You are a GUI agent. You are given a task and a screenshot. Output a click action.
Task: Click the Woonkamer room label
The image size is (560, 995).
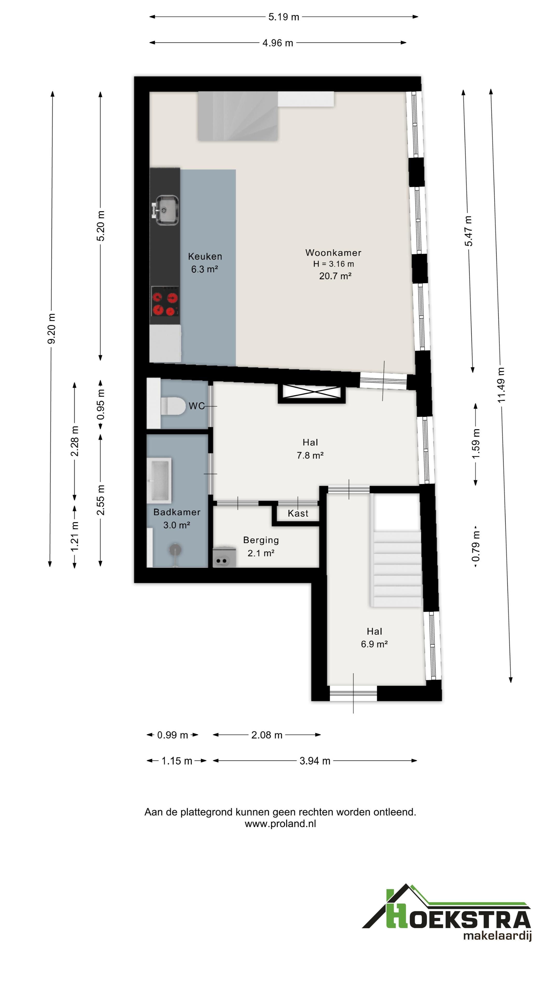pyautogui.click(x=333, y=253)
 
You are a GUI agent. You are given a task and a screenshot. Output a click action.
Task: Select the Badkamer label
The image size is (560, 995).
pyautogui.click(x=177, y=512)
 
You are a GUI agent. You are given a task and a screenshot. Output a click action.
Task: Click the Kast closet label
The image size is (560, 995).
pyautogui.click(x=298, y=513)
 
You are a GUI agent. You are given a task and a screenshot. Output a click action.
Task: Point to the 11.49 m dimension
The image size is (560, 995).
pyautogui.click(x=501, y=385)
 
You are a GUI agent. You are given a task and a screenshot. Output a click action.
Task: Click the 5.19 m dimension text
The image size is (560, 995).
pyautogui.click(x=284, y=17)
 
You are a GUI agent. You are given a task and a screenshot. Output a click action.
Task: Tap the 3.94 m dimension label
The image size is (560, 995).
pyautogui.click(x=315, y=761)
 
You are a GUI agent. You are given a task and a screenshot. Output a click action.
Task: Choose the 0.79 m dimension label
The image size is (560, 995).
pyautogui.click(x=476, y=546)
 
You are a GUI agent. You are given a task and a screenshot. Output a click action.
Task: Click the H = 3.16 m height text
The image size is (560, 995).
pyautogui.click(x=333, y=264)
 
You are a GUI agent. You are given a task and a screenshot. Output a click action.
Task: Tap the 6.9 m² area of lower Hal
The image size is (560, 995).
pyautogui.click(x=374, y=644)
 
